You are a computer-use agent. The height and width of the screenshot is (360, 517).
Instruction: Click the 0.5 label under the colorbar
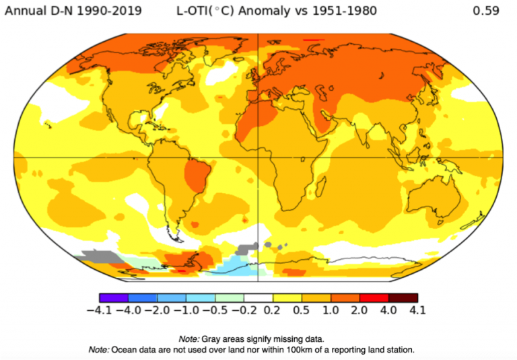coord(302,310)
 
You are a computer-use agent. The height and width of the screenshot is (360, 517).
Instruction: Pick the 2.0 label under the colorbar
coord(360,310)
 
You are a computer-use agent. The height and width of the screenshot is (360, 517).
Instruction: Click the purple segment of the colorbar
coord(113,297)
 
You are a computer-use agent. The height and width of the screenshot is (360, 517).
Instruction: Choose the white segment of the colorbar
coord(258,297)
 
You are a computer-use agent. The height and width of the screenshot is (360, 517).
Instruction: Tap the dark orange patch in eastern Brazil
coord(197,174)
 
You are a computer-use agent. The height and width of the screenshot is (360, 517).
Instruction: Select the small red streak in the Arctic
coord(310,40)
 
